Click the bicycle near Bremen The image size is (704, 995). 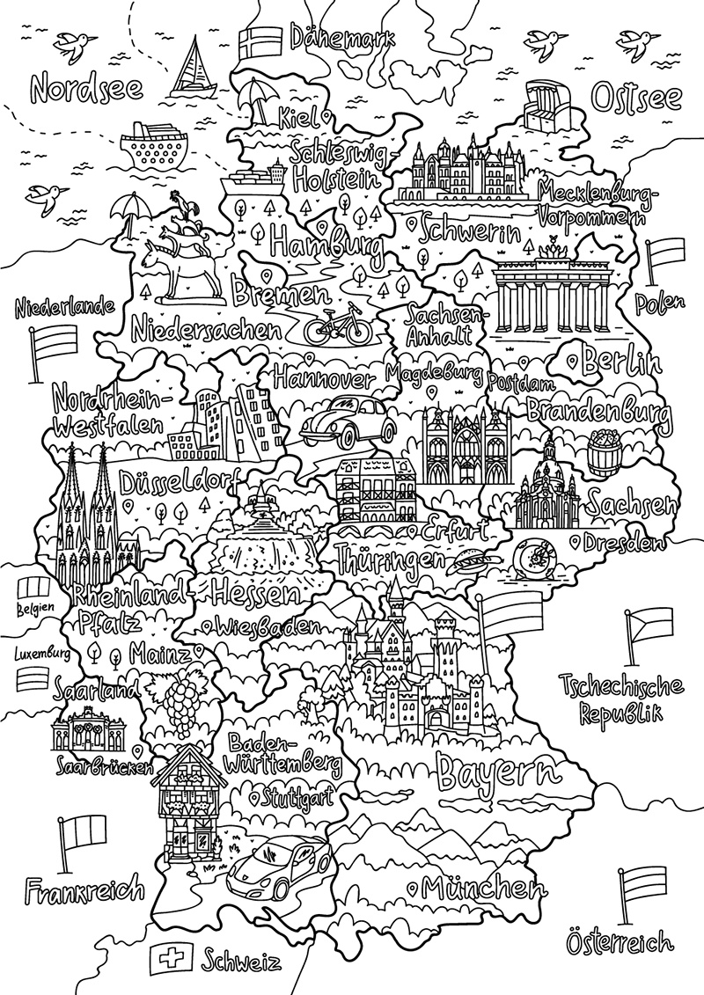[337, 326]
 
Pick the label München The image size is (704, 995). [478, 887]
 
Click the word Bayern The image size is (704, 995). [498, 772]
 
